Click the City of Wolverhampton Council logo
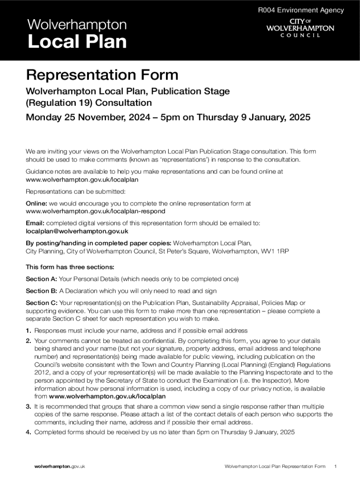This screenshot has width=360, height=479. tap(300, 28)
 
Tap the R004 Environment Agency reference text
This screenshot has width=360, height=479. tap(301, 10)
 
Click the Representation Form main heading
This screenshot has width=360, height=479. tap(102, 75)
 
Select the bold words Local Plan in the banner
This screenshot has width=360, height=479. tap(77, 42)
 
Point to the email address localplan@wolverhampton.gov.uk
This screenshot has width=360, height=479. tap(77, 231)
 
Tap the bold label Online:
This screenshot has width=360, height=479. tap(36, 203)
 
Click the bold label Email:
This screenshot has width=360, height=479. tap(35, 223)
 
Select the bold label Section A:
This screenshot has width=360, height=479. tap(42, 279)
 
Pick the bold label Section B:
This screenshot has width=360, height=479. tap(42, 291)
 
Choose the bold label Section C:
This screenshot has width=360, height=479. tap(42, 303)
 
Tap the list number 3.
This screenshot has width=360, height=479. tap(28, 406)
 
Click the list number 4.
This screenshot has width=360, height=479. tap(28, 432)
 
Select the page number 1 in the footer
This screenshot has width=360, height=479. tap(336, 466)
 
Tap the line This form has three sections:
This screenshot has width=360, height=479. tap(70, 267)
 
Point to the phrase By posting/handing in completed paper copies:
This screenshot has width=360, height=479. tap(98, 243)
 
